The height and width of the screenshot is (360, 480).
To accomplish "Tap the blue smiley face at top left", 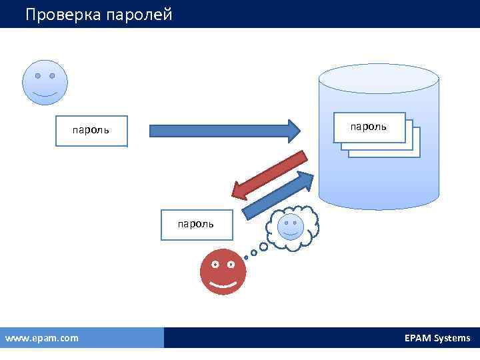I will [45, 82].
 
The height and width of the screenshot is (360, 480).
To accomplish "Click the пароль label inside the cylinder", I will [368, 127].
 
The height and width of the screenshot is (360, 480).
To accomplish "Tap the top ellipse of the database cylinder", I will [378, 79].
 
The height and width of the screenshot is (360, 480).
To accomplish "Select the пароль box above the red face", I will [195, 224].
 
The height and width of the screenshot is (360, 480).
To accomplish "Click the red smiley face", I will [223, 272].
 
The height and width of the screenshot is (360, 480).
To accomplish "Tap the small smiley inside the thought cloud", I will [290, 227].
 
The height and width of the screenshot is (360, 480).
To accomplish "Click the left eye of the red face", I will [215, 265].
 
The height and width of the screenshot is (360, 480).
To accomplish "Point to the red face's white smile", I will [223, 285].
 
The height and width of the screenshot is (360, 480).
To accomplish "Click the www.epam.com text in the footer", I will [41, 338].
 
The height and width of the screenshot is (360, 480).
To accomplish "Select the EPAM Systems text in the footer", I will [437, 338].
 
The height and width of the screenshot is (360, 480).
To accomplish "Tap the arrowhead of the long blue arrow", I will [294, 130].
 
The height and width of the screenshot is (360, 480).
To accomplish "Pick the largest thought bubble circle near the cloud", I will [263, 246].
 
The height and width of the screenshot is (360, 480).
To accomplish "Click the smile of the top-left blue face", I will [45, 94].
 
